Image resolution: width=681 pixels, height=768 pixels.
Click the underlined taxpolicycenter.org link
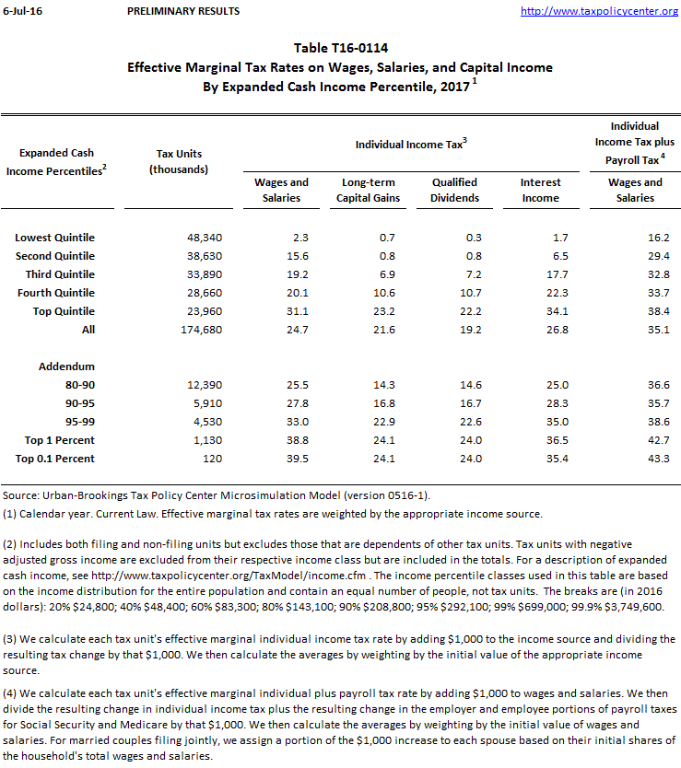tap(599, 11)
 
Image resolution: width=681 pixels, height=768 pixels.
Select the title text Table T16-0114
tap(339, 48)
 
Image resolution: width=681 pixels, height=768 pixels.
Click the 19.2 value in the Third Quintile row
tap(281, 274)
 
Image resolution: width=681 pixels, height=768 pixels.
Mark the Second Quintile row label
tap(55, 256)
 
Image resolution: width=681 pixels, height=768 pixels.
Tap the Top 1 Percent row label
tap(55, 440)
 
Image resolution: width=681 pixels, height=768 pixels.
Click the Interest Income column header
tap(540, 190)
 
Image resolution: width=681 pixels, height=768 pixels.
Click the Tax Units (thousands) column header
tap(180, 161)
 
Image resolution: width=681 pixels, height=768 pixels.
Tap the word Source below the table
tap(21, 496)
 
